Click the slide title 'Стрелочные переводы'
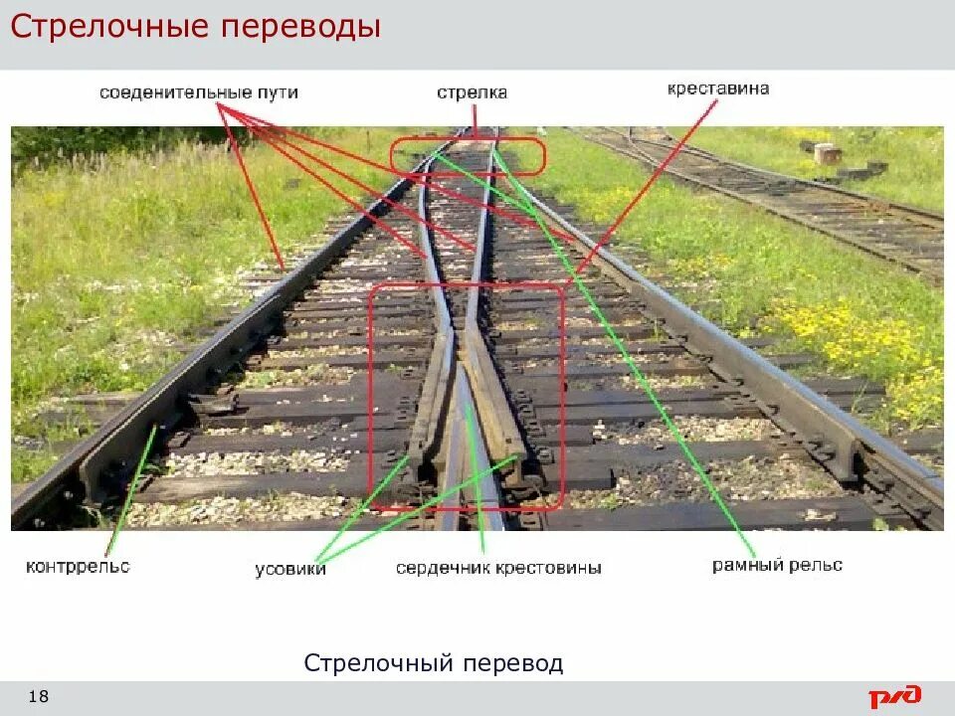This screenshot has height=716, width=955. click(x=195, y=27)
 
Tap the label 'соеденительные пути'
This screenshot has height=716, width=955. click(x=198, y=92)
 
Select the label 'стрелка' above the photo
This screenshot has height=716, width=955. click(x=472, y=92)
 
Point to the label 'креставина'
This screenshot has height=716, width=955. click(x=717, y=89)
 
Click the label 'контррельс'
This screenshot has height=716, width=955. click(x=78, y=567)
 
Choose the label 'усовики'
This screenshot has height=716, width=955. click(x=290, y=569)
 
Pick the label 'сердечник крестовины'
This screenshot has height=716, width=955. click(x=497, y=569)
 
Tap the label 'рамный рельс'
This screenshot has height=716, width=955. click(x=777, y=565)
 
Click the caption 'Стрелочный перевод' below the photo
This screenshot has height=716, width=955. click(x=433, y=663)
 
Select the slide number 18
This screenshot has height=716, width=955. click(x=39, y=696)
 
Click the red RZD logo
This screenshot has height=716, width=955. click(x=894, y=696)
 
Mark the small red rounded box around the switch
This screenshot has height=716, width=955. click(x=468, y=156)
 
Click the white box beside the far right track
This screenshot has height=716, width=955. click(x=825, y=153)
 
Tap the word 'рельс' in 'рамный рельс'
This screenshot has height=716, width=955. click(x=817, y=565)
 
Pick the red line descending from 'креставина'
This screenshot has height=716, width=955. click(x=647, y=189)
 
